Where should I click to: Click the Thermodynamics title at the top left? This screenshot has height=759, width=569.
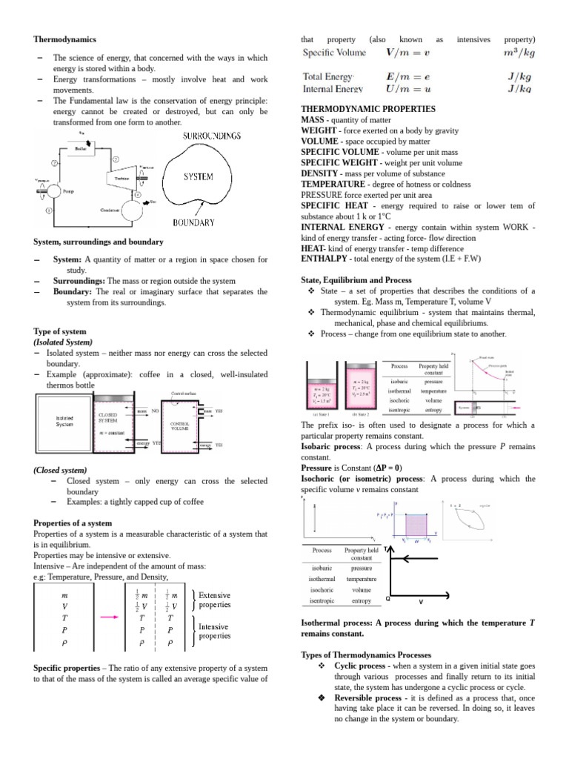pos(64,39)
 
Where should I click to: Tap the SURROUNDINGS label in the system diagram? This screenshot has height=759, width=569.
pos(212,136)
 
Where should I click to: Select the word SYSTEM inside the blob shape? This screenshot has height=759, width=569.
pos(199,177)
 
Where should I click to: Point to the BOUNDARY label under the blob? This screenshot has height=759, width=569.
pos(193,222)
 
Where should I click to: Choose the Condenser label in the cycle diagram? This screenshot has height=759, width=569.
pos(111,211)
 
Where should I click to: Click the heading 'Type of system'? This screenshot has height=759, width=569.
pos(60,331)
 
